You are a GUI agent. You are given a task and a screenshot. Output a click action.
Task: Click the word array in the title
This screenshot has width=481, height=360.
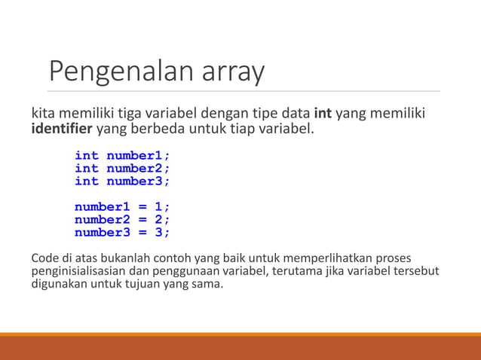tap(233, 72)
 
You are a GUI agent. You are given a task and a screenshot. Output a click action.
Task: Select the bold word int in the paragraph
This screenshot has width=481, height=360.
tap(322, 114)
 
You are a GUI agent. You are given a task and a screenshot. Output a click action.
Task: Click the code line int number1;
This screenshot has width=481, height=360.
tap(122, 156)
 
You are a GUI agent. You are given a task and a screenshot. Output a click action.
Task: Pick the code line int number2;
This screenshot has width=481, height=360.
tap(122, 169)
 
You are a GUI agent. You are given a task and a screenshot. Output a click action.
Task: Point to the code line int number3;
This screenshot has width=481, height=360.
tap(122, 182)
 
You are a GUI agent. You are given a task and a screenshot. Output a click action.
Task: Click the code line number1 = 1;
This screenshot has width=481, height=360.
tap(122, 207)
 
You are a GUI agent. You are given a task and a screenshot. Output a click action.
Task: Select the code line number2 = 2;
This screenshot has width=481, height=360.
tap(122, 220)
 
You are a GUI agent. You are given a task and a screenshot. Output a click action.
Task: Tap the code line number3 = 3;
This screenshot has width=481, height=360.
tap(122, 233)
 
